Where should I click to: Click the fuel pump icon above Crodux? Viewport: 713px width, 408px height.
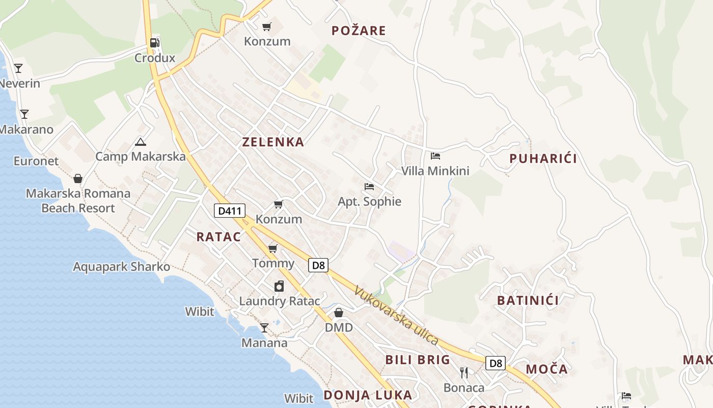155,43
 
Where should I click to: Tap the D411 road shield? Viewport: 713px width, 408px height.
230,211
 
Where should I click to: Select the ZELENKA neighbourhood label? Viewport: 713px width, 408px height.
273,142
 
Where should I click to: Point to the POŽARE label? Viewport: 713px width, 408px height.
359,31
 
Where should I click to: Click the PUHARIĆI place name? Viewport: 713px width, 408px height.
543,159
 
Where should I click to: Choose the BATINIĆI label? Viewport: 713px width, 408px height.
528,300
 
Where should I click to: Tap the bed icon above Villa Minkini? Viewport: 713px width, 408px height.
435,156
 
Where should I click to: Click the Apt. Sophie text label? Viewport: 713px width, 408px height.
369,201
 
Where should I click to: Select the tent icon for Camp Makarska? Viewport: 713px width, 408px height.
141,142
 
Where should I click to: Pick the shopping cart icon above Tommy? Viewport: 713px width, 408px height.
273,248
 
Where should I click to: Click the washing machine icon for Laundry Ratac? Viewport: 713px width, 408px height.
279,286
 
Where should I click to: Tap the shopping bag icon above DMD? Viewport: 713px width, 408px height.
339,312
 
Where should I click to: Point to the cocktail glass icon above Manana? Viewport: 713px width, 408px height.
264,327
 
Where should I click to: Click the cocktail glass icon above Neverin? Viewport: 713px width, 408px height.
18,68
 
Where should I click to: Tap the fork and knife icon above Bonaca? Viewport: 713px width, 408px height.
463,373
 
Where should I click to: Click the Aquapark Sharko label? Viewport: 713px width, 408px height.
121,267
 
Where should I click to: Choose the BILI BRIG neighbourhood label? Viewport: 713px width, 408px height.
418,360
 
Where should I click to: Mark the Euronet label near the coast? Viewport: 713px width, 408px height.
36,161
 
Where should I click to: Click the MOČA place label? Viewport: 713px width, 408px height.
546,369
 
